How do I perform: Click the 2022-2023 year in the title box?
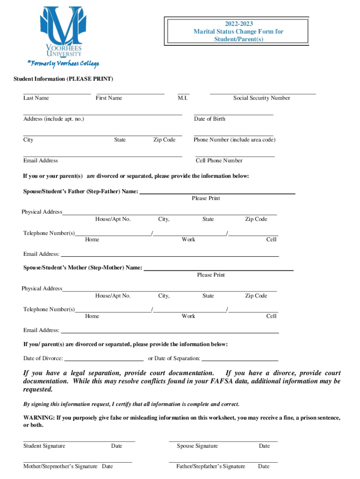click(238, 24)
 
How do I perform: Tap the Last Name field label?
click(36, 98)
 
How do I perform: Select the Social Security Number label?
click(261, 98)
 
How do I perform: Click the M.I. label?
click(182, 98)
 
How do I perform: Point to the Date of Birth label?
click(209, 119)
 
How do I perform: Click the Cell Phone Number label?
click(219, 160)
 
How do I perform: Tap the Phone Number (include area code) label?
click(234, 140)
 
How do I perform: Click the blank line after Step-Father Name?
click(217, 192)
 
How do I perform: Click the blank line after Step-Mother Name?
click(219, 269)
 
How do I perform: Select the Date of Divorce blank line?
click(104, 360)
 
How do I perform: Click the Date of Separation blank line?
click(240, 360)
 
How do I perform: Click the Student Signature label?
click(44, 446)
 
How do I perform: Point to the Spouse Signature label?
click(197, 446)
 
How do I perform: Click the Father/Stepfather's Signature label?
click(210, 466)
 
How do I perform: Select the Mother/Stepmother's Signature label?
click(60, 466)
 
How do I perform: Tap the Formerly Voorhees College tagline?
click(63, 64)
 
